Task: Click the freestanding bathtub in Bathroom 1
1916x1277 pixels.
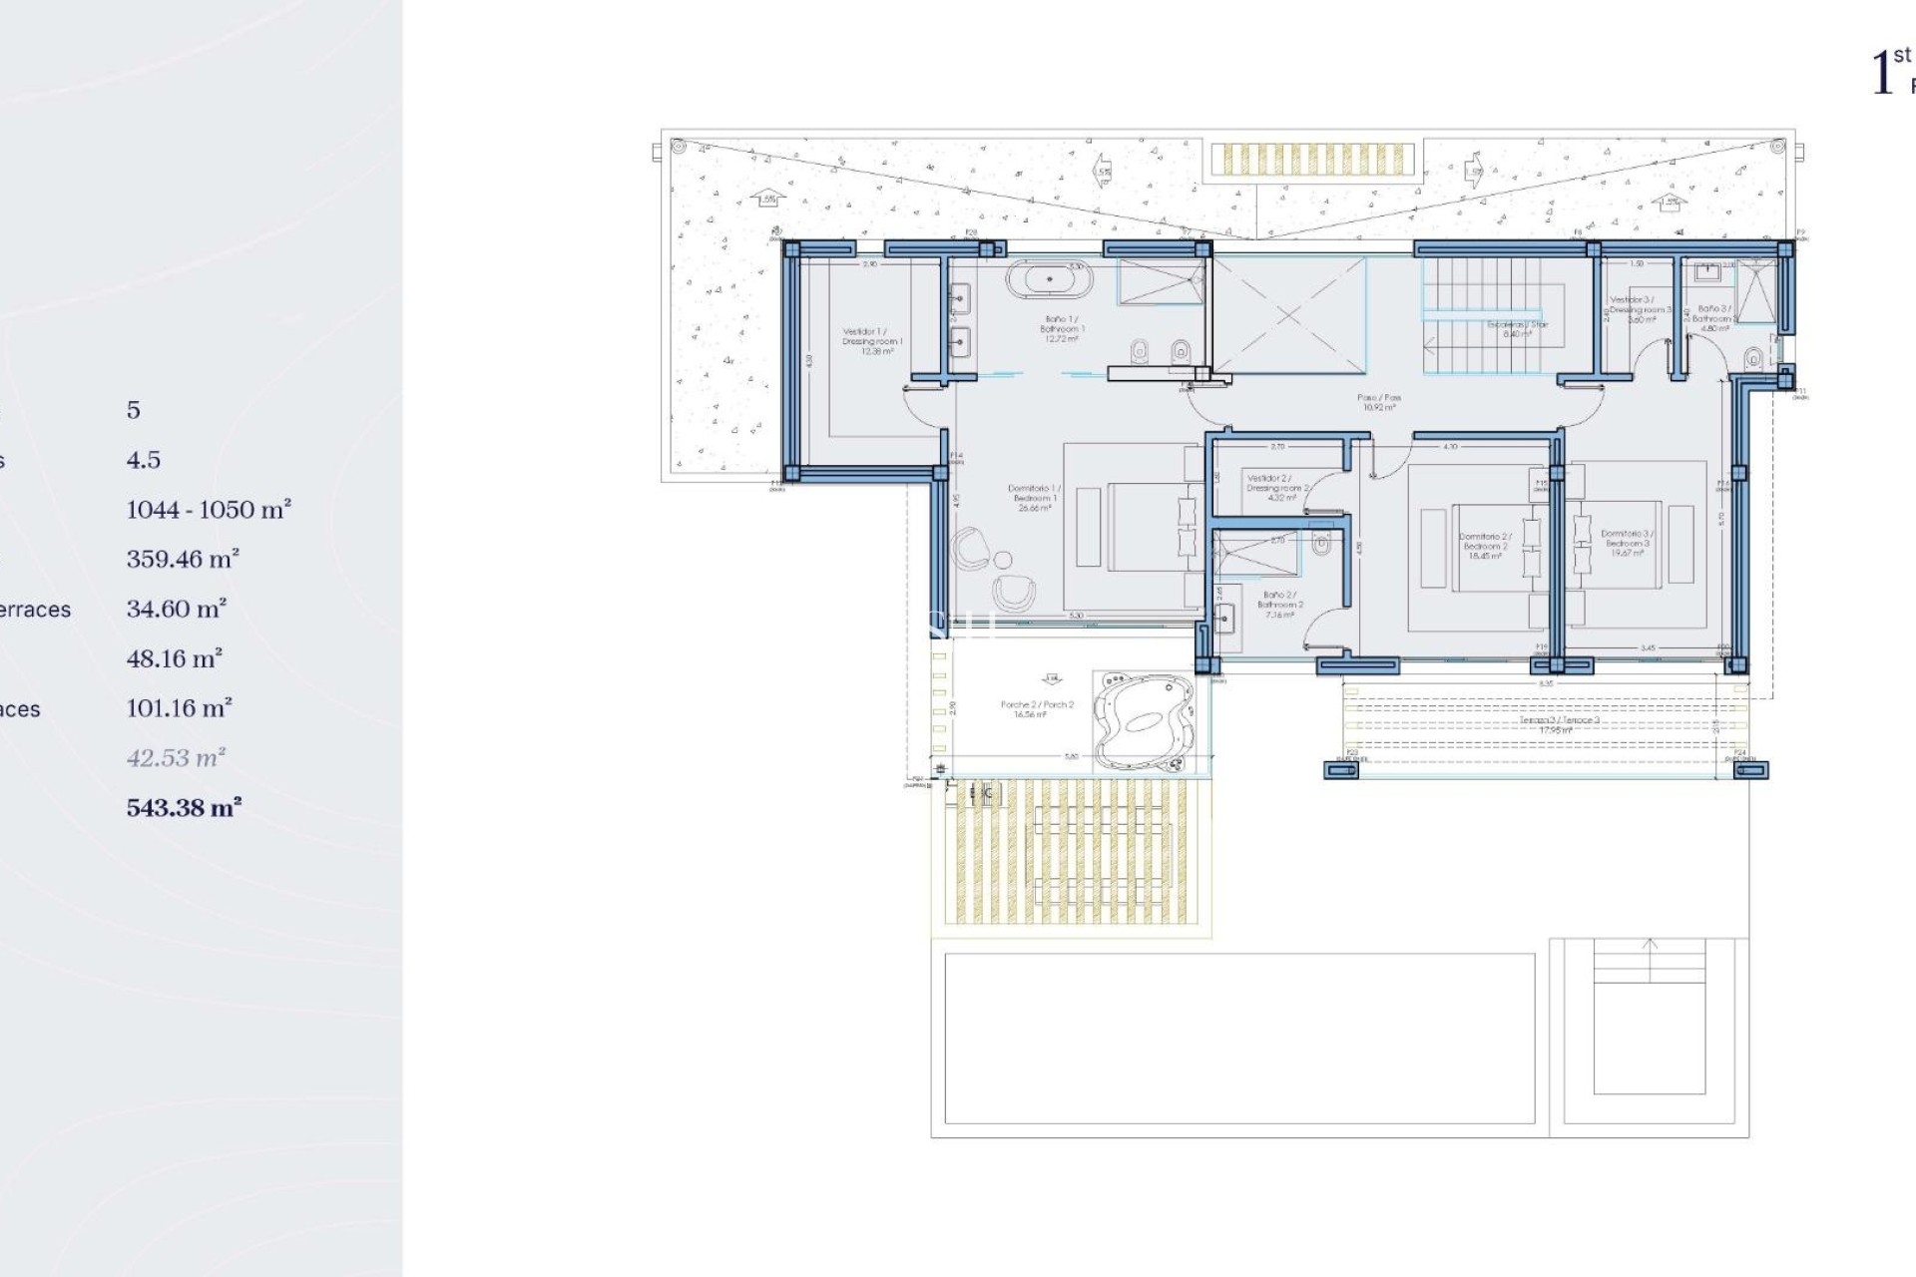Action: tap(1049, 280)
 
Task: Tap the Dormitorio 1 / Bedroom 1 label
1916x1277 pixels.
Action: tap(1034, 498)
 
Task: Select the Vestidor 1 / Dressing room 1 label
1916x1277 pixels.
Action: tap(871, 341)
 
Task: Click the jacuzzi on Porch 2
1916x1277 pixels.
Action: tap(1144, 720)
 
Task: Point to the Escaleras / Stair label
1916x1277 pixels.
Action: tap(1517, 329)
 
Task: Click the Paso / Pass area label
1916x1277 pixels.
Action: tap(1378, 402)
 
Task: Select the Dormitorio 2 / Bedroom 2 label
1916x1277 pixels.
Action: tap(1484, 546)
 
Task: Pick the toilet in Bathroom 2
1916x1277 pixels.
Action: tap(1321, 545)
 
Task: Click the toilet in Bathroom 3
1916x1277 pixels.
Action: tap(1753, 357)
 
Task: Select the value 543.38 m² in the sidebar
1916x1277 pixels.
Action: tap(184, 808)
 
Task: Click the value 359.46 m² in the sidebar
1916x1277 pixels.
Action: tap(183, 560)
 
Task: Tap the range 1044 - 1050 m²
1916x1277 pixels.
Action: tap(209, 510)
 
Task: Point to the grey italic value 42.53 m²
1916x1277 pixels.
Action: tap(176, 758)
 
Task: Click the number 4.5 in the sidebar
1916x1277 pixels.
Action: tap(143, 460)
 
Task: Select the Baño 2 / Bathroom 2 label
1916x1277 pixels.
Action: tap(1279, 605)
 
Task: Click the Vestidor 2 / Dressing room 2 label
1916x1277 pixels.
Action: tap(1276, 488)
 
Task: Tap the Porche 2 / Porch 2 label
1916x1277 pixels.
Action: tap(1037, 709)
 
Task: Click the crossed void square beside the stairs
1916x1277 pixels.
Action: tap(1288, 315)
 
